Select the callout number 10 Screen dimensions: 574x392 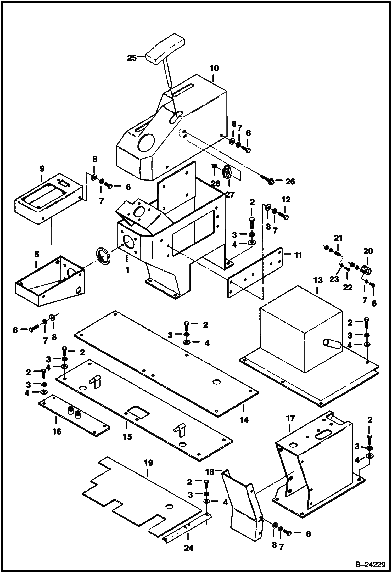214,69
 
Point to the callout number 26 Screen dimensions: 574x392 290,181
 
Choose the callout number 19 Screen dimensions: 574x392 148,463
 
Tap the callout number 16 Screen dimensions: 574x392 57,431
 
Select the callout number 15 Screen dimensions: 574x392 127,436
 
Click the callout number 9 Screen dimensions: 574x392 42,168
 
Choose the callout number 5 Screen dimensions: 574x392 37,254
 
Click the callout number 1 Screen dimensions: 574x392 127,270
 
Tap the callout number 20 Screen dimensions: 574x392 368,251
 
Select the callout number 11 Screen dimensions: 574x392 298,255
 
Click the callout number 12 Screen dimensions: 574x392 286,200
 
